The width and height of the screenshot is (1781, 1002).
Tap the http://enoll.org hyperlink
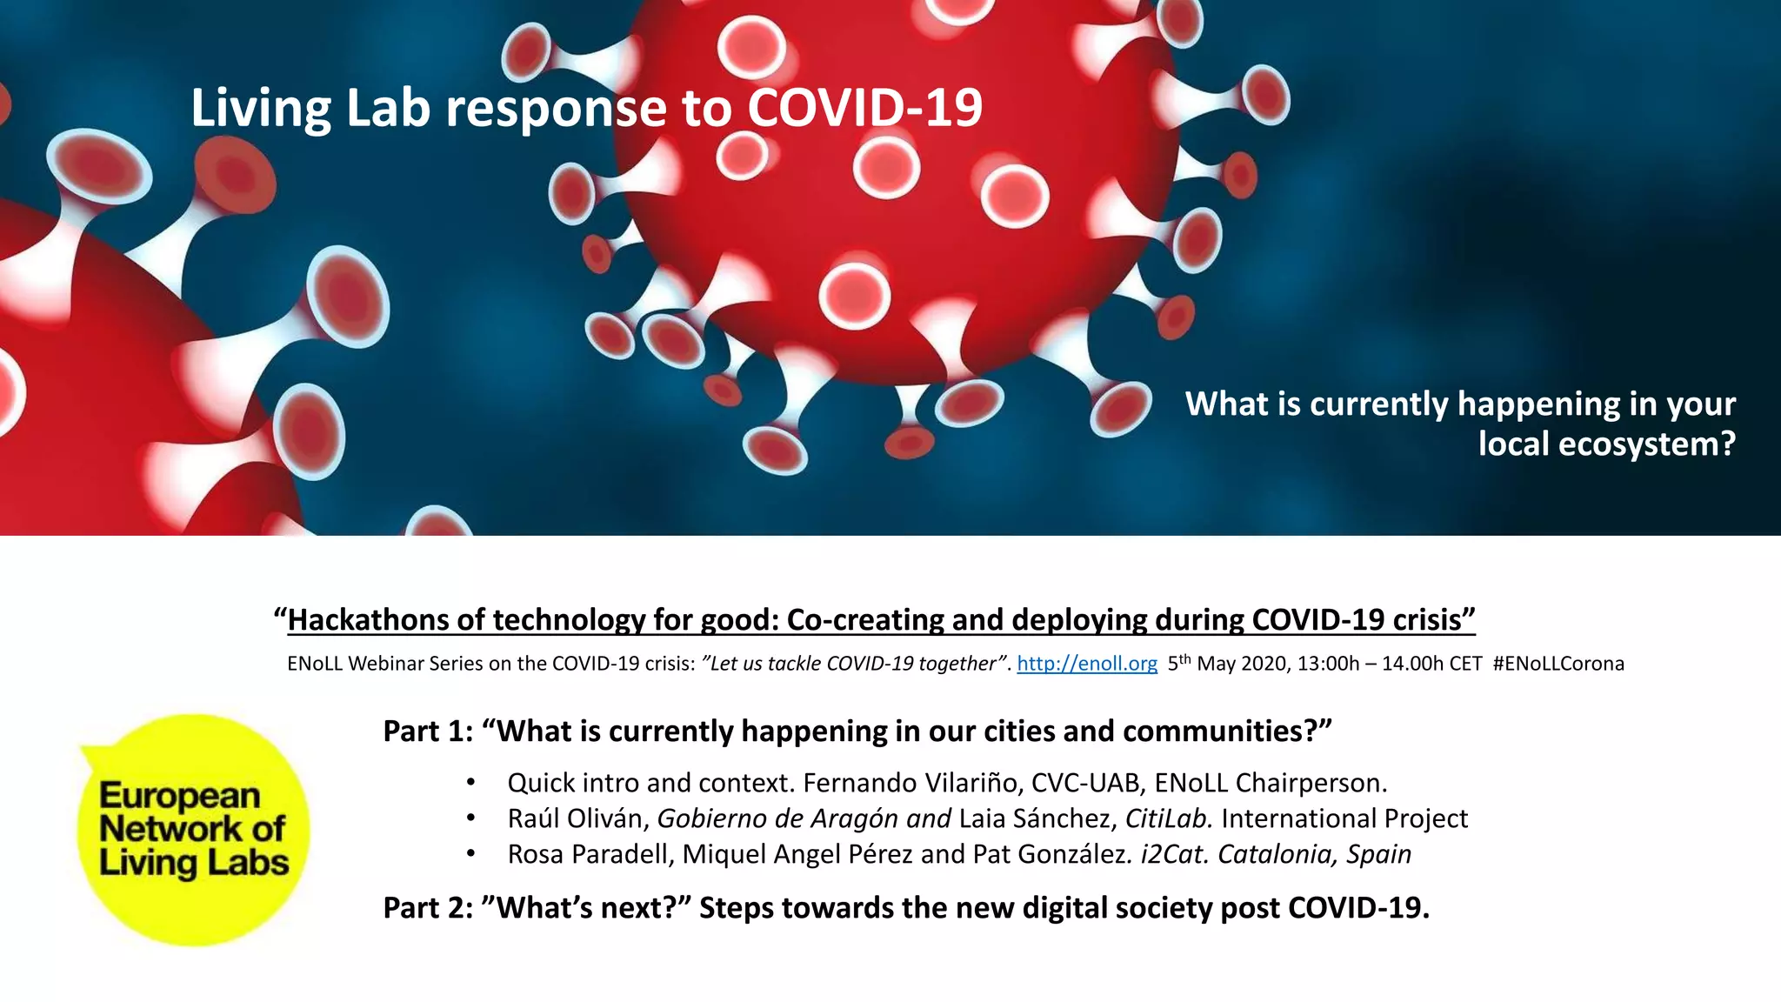pos(1086,664)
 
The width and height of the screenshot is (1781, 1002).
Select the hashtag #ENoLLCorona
pos(1558,664)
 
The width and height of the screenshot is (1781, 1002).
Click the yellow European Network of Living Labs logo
pos(193,829)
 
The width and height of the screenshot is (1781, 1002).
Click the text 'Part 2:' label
pos(428,908)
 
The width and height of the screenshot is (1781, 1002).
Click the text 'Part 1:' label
pos(428,731)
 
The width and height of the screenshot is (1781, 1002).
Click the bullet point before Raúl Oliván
pos(470,818)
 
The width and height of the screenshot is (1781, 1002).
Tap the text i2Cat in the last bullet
pos(1174,854)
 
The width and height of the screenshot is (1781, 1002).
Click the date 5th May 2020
pos(1225,664)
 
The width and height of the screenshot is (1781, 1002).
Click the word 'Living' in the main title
pos(260,109)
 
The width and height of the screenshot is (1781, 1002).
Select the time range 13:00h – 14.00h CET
pos(1389,664)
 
